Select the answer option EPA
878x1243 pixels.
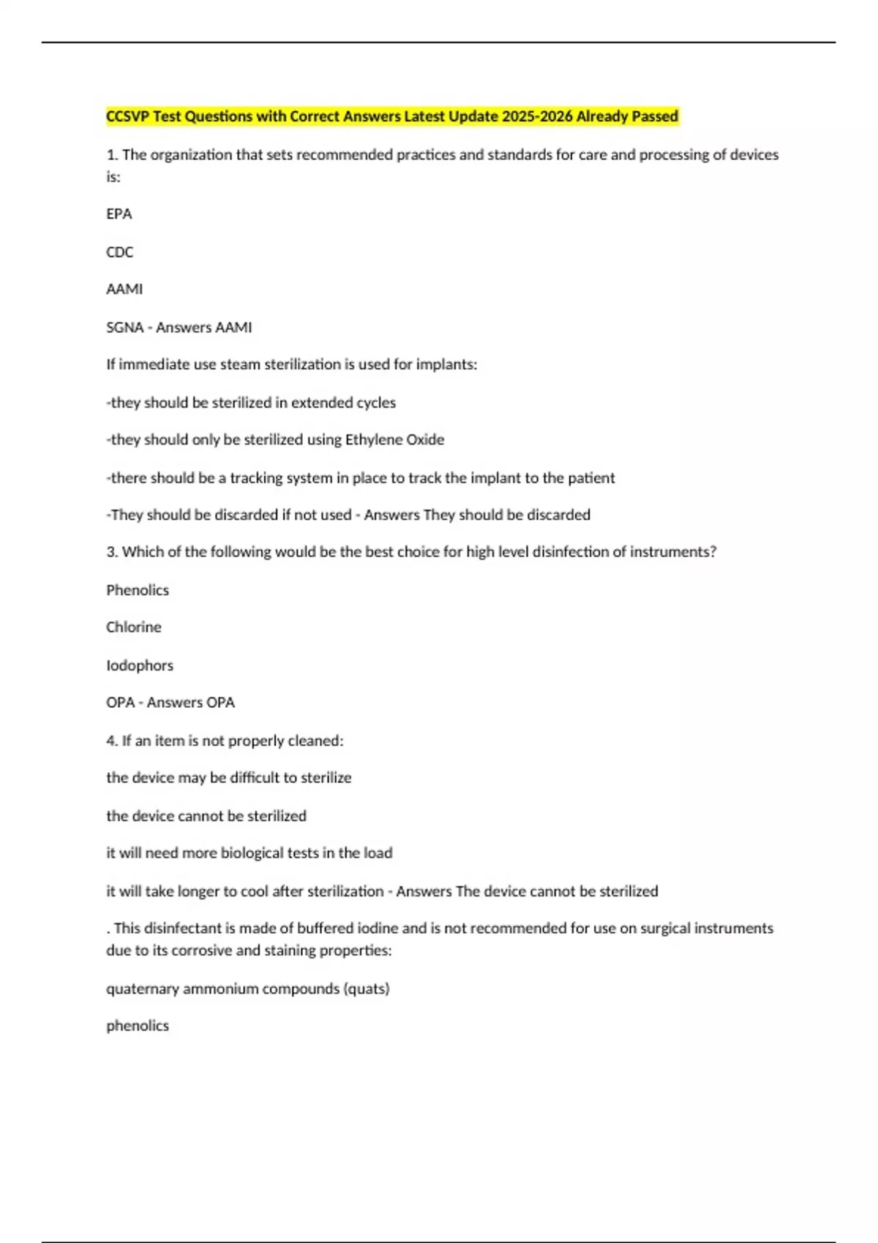pos(119,214)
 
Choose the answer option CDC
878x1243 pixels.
pos(120,252)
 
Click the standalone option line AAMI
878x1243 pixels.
pos(124,290)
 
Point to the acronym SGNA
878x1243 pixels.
pos(124,328)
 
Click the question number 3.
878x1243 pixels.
pos(111,552)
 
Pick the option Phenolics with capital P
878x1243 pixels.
pos(138,590)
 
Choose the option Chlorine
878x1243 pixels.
pos(134,627)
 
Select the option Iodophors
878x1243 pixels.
pos(140,665)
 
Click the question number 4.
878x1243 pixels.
pos(111,741)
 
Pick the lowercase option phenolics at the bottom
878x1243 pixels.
pos(138,1026)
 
